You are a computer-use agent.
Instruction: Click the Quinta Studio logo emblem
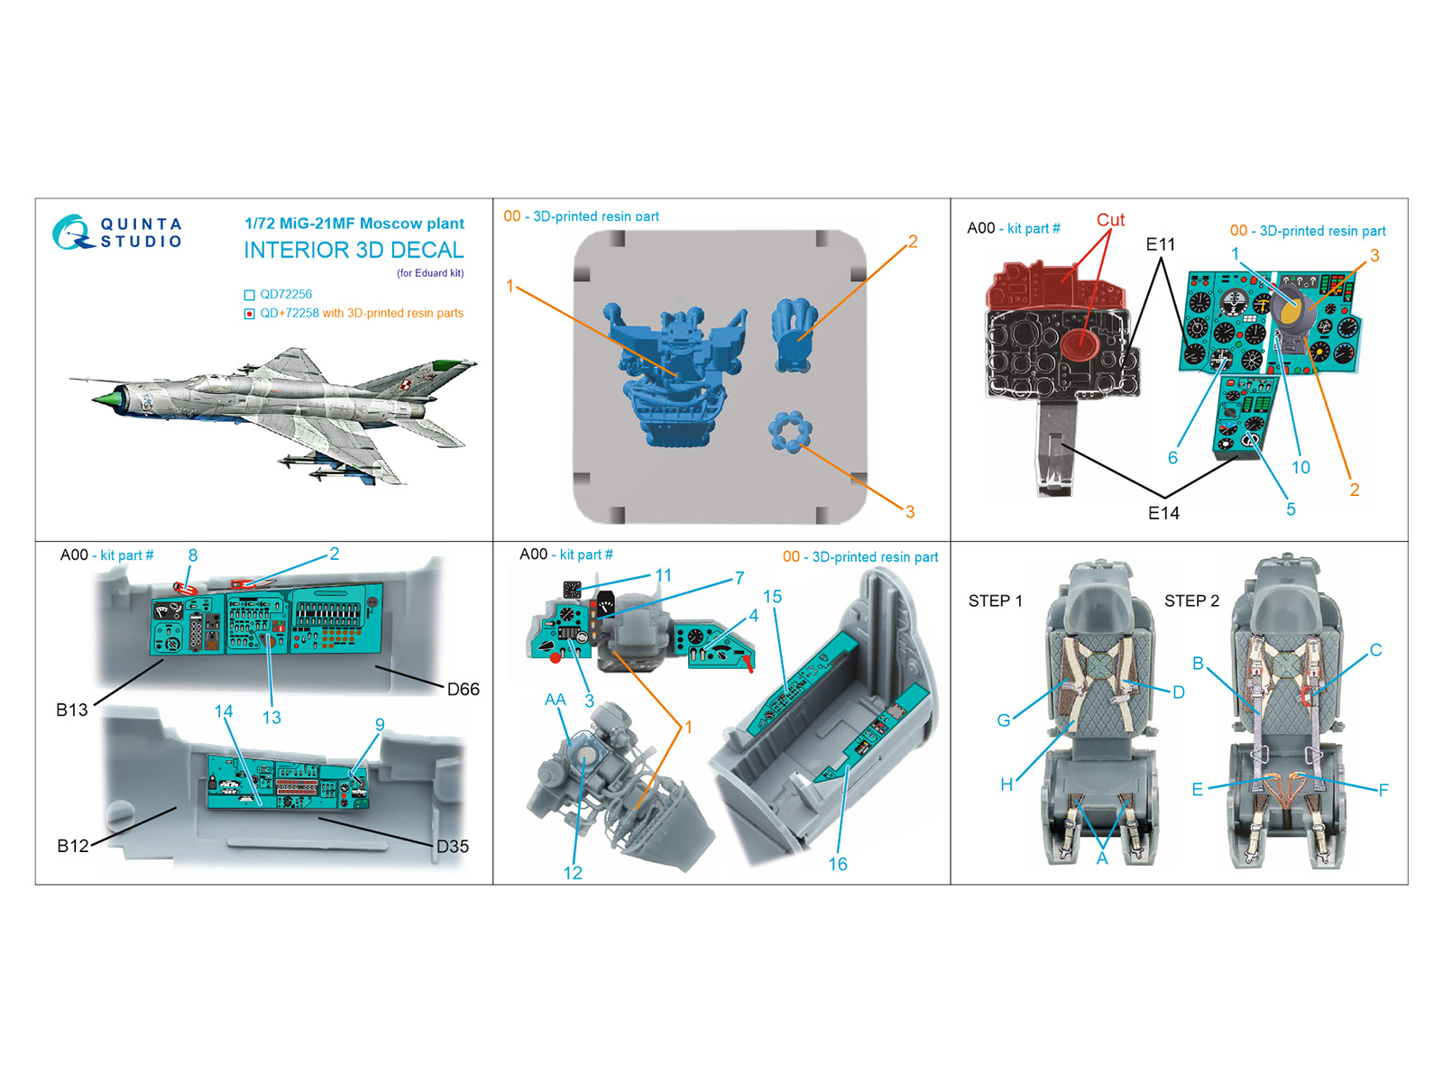(x=71, y=231)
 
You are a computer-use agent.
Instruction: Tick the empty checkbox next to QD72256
(x=249, y=295)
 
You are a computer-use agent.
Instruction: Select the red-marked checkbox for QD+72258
(x=249, y=314)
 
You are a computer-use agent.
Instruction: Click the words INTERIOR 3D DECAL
(x=354, y=251)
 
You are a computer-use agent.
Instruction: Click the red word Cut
(x=1110, y=219)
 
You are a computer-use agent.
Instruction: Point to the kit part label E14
(x=1163, y=513)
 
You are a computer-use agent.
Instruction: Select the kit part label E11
(x=1161, y=244)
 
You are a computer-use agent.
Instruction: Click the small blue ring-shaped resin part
(x=790, y=431)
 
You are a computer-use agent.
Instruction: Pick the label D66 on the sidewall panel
(x=463, y=689)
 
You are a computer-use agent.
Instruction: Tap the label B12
(x=73, y=846)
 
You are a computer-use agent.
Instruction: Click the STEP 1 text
(x=996, y=601)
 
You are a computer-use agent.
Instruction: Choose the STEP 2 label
(x=1191, y=601)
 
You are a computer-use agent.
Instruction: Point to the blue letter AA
(x=555, y=700)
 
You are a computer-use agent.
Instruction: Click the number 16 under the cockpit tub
(x=838, y=864)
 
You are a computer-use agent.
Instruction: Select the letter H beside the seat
(x=1006, y=784)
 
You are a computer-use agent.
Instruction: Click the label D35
(x=453, y=846)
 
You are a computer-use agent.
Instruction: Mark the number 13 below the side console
(x=271, y=718)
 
